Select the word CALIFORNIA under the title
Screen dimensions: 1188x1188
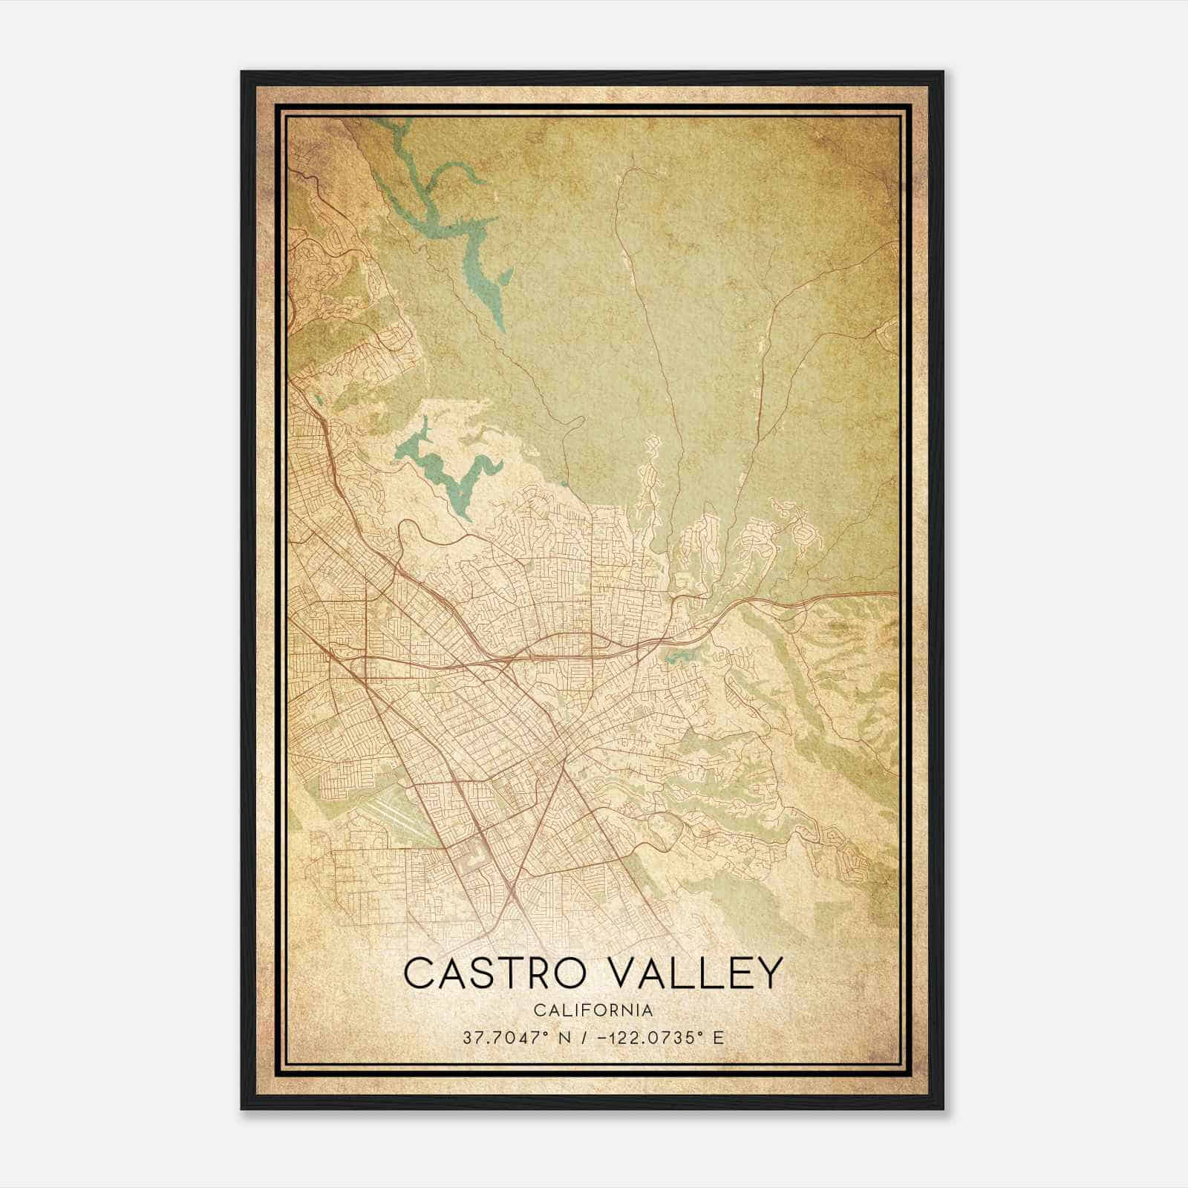point(593,1011)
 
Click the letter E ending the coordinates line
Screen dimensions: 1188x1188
point(718,1037)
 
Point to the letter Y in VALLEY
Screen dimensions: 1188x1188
point(768,973)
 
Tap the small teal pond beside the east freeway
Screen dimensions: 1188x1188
point(676,657)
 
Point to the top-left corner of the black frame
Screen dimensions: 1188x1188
point(242,72)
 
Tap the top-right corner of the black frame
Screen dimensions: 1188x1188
point(943,72)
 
